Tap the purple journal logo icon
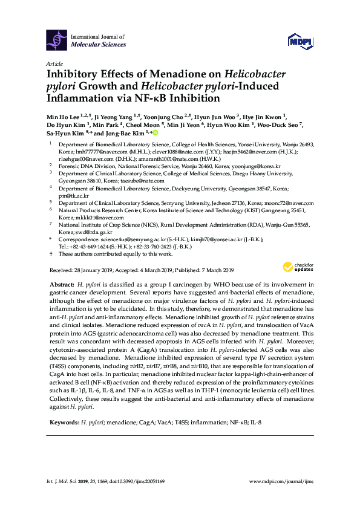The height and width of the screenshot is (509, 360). [x=57, y=39]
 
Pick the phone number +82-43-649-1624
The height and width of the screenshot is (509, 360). [x=91, y=247]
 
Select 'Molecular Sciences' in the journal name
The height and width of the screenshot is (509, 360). [x=98, y=44]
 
